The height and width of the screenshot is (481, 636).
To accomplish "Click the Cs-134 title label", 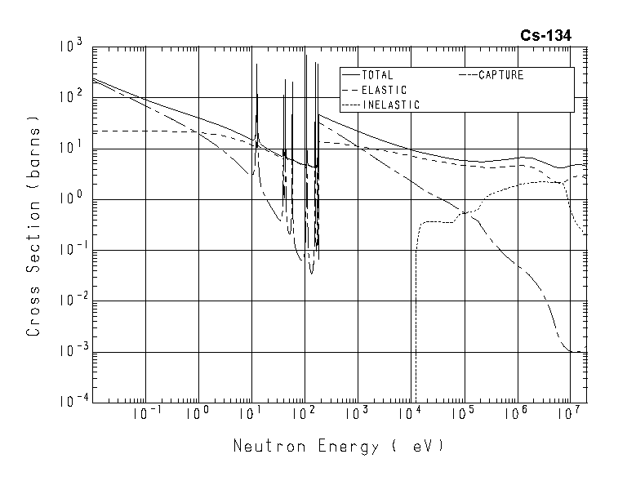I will click(546, 35).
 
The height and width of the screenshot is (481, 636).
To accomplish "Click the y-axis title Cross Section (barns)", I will click(34, 230).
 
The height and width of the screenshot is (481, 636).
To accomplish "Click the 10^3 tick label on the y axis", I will click(72, 47).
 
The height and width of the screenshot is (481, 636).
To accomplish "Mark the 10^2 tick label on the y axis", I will click(72, 97).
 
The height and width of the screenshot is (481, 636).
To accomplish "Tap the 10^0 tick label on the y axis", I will click(72, 198).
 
